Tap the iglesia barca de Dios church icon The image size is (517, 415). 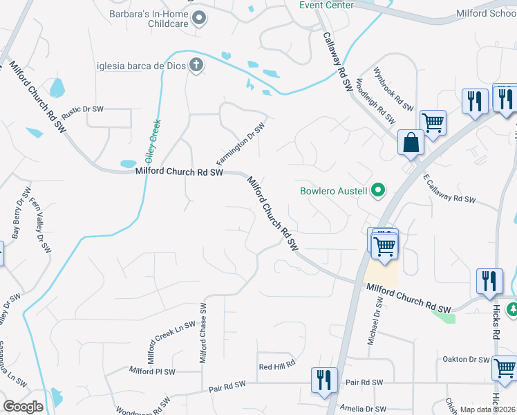196,66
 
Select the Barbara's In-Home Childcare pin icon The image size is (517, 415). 199,18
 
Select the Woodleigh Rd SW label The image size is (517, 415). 375,101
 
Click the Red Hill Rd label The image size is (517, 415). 276,364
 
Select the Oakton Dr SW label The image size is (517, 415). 465,359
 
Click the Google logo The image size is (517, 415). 23,407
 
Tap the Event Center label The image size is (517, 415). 326,5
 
